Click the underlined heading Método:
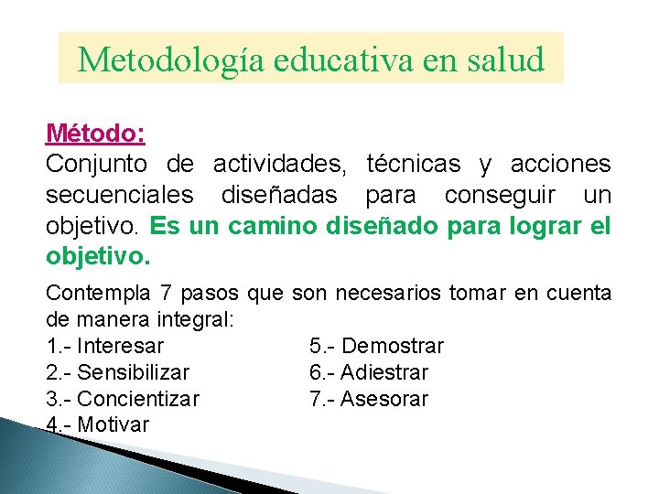tap(95, 134)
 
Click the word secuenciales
tap(119, 196)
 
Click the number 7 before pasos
tap(166, 293)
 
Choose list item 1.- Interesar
tap(104, 346)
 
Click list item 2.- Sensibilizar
tap(117, 372)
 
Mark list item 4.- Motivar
tap(97, 424)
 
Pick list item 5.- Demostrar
tap(377, 346)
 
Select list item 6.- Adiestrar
tap(369, 372)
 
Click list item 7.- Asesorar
tap(369, 399)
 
